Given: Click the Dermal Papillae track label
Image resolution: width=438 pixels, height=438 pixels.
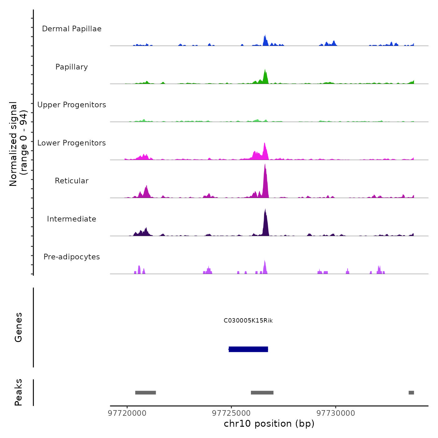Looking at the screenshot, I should tap(72, 29).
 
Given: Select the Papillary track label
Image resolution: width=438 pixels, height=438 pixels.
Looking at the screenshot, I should tap(72, 67).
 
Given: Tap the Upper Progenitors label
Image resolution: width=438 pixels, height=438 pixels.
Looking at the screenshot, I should tap(72, 105).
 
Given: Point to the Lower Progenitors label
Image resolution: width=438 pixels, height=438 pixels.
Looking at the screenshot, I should tap(72, 143).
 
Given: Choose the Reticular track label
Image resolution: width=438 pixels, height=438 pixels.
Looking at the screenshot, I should tap(72, 181).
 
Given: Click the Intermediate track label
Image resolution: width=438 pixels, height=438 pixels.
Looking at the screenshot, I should tap(72, 219).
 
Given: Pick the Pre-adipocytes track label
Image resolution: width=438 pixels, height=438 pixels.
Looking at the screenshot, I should tap(72, 257).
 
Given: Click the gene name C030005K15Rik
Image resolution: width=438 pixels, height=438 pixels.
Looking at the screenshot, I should tap(248, 321).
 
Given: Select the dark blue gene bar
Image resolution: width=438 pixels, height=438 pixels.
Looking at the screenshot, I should tap(248, 349).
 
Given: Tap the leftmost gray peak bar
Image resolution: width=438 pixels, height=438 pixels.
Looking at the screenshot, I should tap(145, 393).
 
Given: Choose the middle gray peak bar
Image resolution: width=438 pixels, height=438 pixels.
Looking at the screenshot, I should tap(262, 393).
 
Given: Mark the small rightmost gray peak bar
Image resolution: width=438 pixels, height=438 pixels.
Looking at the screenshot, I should tap(411, 393).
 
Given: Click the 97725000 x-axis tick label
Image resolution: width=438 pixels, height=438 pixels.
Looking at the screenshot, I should tap(232, 413).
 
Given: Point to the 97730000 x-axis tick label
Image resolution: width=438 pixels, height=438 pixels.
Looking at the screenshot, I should tap(336, 413).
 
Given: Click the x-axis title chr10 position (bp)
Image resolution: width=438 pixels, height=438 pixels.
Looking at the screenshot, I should tap(269, 424).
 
